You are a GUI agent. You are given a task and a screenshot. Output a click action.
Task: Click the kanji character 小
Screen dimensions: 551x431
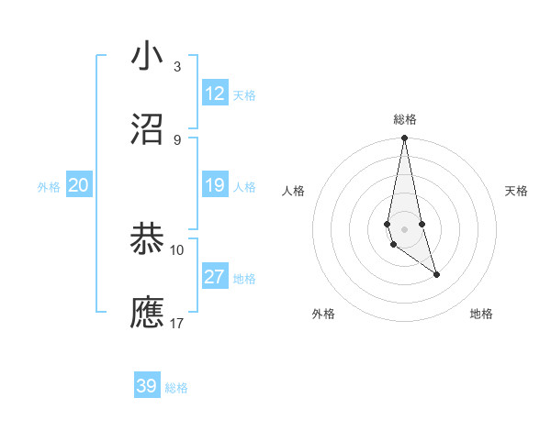point(148,57)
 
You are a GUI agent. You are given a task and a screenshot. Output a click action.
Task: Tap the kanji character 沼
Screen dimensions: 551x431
point(148,129)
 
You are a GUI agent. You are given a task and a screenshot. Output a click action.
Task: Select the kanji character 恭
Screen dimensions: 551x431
point(148,239)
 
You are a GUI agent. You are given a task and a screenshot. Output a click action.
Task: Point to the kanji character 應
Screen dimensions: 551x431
point(148,313)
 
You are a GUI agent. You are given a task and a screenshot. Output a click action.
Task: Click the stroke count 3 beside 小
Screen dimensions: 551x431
point(176,67)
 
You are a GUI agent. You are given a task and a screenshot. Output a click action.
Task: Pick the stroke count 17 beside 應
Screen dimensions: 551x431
point(177,324)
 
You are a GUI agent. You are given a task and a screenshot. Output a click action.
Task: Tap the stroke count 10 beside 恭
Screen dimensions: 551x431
point(177,249)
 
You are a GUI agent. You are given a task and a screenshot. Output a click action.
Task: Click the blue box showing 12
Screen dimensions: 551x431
point(215,94)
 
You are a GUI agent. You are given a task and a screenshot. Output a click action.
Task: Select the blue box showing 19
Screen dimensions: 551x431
point(215,185)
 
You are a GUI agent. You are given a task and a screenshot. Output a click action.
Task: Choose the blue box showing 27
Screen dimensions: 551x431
point(215,277)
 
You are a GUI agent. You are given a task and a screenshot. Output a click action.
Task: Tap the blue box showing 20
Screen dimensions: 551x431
point(78,185)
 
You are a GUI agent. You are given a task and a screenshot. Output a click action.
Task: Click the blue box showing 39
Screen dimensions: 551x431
point(147,386)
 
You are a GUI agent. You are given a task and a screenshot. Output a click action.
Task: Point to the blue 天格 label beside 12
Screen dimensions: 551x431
point(244,95)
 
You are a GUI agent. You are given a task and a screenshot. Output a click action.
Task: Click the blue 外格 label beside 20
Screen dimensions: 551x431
point(49,187)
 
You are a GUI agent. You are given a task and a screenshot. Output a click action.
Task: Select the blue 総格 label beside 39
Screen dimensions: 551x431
point(176,388)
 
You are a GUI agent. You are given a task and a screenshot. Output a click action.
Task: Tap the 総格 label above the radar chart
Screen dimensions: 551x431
point(405,119)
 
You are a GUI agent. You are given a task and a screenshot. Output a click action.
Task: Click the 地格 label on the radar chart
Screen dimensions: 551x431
point(481,315)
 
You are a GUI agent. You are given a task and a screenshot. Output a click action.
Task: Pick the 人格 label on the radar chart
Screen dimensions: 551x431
point(294,191)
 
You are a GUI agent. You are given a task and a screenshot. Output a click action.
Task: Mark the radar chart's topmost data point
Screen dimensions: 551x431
point(404,138)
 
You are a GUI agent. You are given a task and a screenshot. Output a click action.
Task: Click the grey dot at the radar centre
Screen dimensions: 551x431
point(404,228)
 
